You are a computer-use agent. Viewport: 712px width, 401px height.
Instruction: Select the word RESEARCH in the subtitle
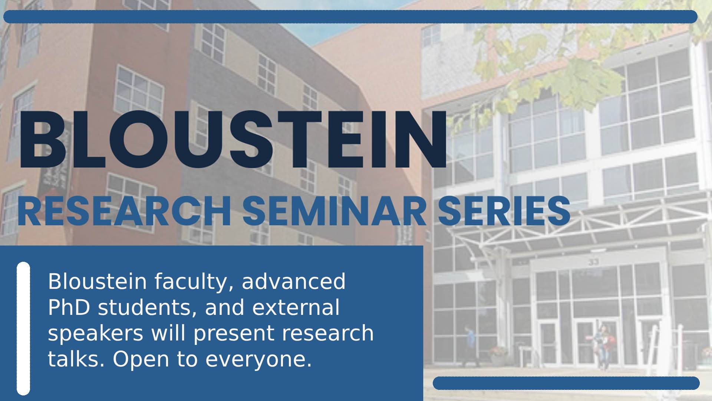coord(124,212)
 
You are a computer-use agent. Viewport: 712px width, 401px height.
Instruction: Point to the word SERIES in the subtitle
coord(504,212)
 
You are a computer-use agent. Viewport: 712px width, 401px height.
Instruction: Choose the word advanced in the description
coord(294,282)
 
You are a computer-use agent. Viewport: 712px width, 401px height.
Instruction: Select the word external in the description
coord(296,308)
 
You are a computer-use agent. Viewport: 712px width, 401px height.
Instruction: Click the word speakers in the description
coord(96,334)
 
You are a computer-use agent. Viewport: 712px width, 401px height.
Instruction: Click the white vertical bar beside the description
coord(23,329)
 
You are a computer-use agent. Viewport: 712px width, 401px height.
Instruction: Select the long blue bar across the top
coord(350,17)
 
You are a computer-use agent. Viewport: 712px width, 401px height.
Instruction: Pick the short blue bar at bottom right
coord(566,383)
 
